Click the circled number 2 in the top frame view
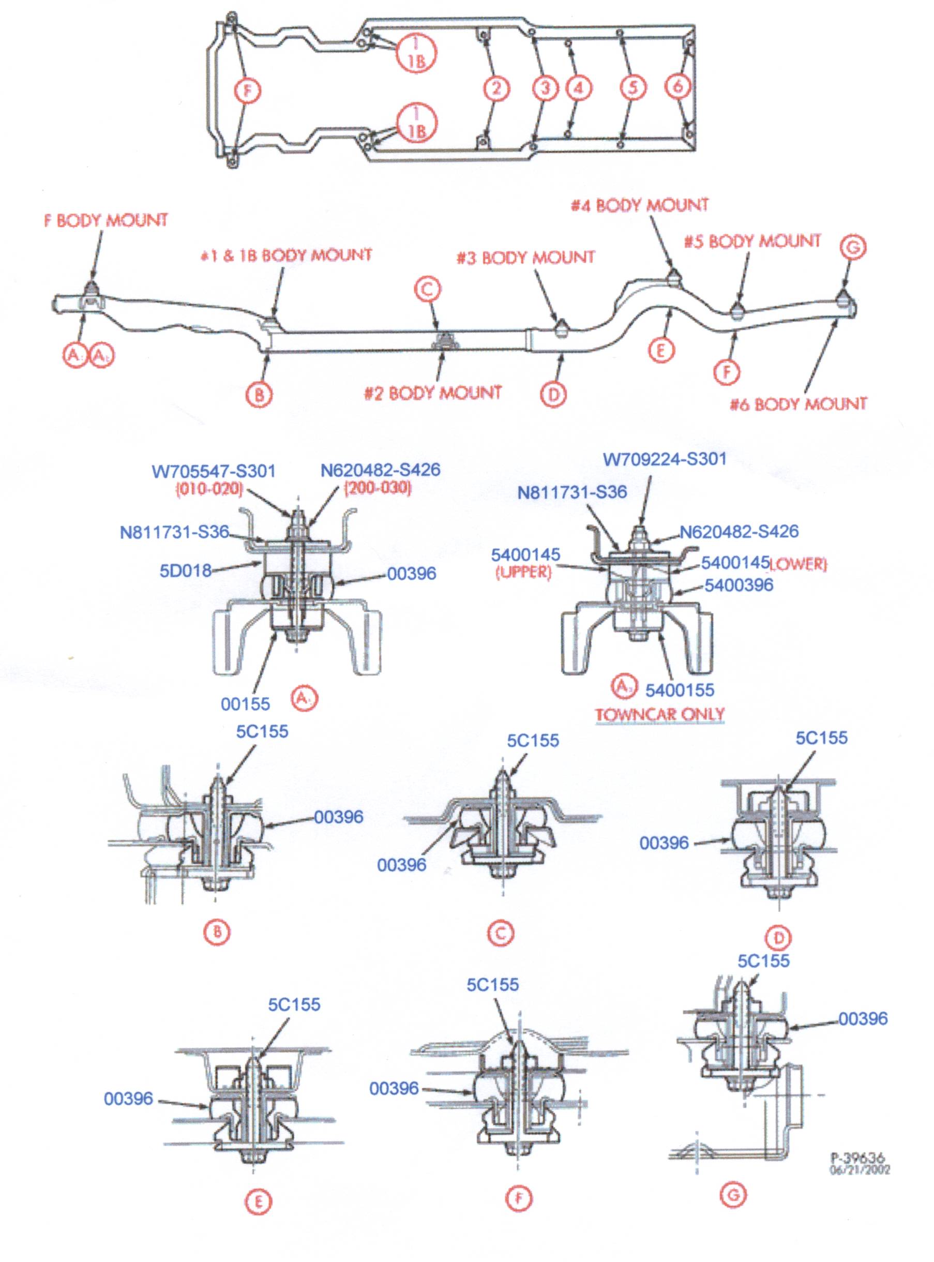[x=496, y=88]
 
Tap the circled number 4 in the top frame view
[x=578, y=88]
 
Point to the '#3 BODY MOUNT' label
[x=526, y=258]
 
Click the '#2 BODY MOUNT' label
[x=432, y=393]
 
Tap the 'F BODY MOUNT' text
[x=106, y=220]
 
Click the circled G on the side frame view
[x=853, y=248]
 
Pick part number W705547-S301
[x=213, y=471]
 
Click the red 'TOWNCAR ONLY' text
[x=659, y=714]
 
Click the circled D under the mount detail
[x=779, y=938]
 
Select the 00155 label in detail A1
[x=245, y=704]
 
